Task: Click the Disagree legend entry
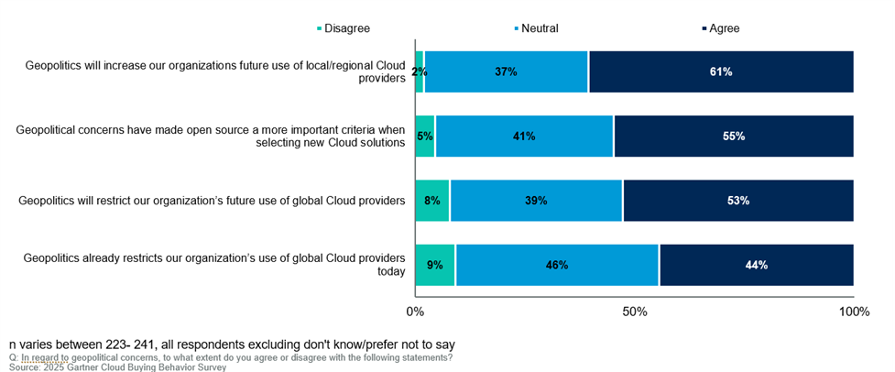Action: [x=344, y=28]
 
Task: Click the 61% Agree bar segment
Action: [x=721, y=71]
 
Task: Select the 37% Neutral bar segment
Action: [x=506, y=71]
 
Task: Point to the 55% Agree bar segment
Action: [x=734, y=137]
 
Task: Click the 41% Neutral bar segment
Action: [x=524, y=137]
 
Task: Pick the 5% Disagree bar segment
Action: [x=425, y=137]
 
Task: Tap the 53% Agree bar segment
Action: [x=738, y=201]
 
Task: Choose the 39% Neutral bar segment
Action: [x=536, y=201]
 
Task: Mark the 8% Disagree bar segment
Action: [x=432, y=201]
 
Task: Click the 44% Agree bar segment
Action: [x=757, y=265]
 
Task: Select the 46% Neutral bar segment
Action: [x=557, y=265]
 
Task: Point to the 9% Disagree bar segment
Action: [x=435, y=265]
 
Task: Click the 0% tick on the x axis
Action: [x=415, y=312]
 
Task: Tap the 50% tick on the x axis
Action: [x=635, y=312]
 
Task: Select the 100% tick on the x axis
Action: [x=854, y=312]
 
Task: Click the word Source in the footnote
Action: [x=26, y=367]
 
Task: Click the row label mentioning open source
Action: [x=211, y=137]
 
